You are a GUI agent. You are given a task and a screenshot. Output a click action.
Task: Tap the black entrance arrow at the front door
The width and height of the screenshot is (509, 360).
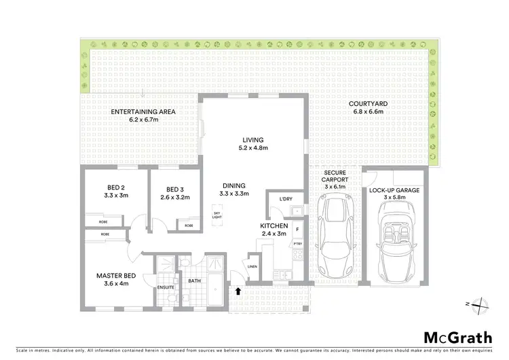238,291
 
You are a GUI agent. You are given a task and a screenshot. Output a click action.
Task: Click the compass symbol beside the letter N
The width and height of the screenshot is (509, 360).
480,306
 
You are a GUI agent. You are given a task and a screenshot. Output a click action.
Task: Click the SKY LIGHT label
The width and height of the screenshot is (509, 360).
217,215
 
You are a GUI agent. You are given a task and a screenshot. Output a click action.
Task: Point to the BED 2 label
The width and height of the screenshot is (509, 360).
116,192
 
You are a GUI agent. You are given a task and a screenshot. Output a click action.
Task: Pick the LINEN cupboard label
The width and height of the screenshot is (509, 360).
252,266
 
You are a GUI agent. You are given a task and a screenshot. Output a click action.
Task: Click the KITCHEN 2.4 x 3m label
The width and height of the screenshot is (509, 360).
274,229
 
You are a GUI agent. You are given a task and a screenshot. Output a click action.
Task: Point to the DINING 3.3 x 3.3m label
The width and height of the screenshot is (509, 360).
233,190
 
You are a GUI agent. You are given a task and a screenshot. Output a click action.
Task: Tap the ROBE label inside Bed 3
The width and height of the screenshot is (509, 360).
189,225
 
